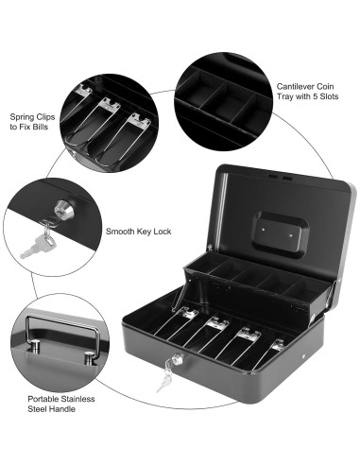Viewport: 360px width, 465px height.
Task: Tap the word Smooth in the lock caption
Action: tap(121, 230)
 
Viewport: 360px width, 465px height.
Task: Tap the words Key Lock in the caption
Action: tap(155, 230)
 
